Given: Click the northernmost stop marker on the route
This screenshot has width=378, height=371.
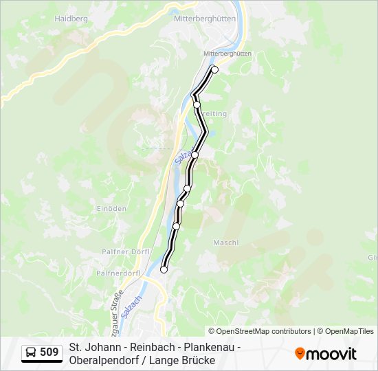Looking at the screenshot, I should point(214,69).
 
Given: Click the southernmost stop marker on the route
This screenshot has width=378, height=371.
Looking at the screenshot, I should point(164,269).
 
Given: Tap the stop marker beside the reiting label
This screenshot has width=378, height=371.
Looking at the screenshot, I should point(197,104).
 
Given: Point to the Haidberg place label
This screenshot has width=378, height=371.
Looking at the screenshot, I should point(71,19).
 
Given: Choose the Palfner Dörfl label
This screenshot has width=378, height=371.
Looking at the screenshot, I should point(122,252).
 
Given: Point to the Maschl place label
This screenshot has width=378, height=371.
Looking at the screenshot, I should point(225,243).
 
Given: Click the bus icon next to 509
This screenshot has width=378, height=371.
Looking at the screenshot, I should point(31,352).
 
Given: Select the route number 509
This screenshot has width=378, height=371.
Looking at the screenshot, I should point(49,352).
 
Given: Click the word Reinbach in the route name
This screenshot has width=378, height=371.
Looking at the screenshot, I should point(138,347).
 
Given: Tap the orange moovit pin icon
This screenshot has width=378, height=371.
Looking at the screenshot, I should point(300,353).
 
